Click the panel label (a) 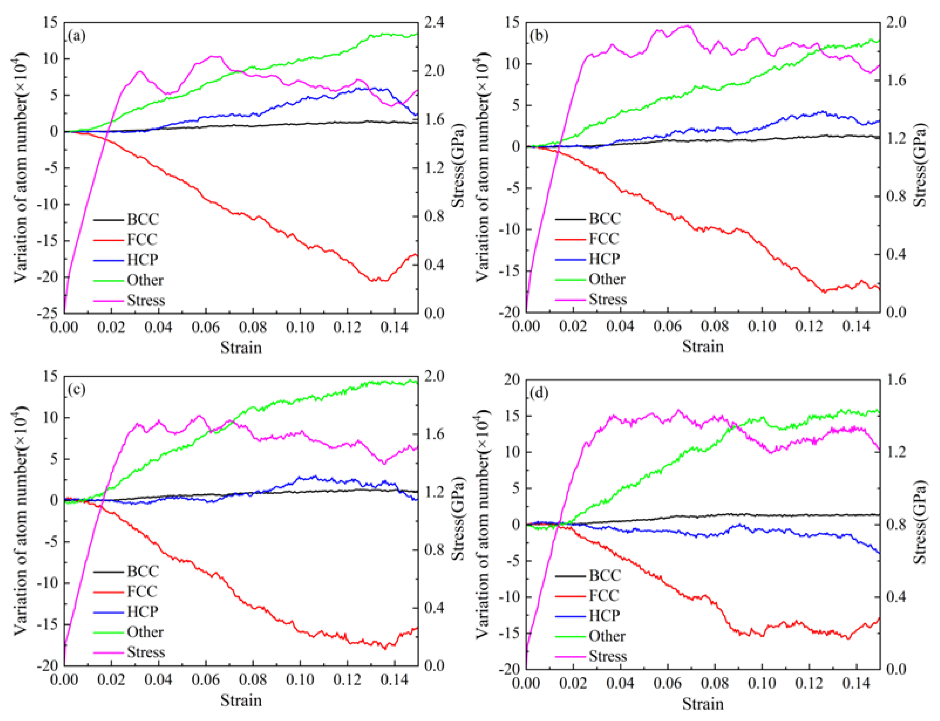click(77, 36)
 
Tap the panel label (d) click(539, 393)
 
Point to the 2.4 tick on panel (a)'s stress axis click(434, 22)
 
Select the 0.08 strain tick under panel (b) click(715, 326)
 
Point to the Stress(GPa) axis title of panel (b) click(919, 165)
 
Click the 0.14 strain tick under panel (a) click(394, 327)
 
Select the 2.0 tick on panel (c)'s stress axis click(434, 376)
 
